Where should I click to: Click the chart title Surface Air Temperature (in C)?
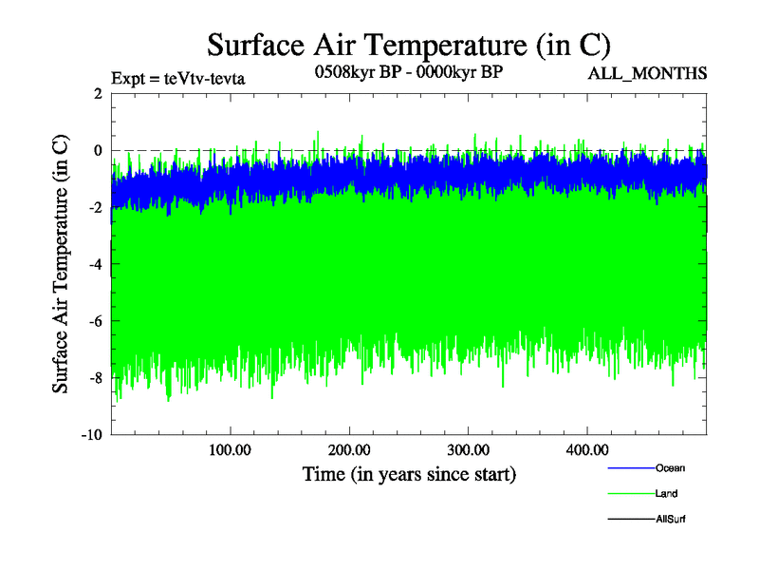[x=409, y=44]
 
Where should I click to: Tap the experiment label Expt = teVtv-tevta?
[x=178, y=78]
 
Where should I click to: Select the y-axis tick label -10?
[x=91, y=435]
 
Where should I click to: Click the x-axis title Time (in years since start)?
[x=409, y=472]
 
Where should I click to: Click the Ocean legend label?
[x=670, y=467]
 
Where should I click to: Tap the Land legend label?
[x=666, y=493]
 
